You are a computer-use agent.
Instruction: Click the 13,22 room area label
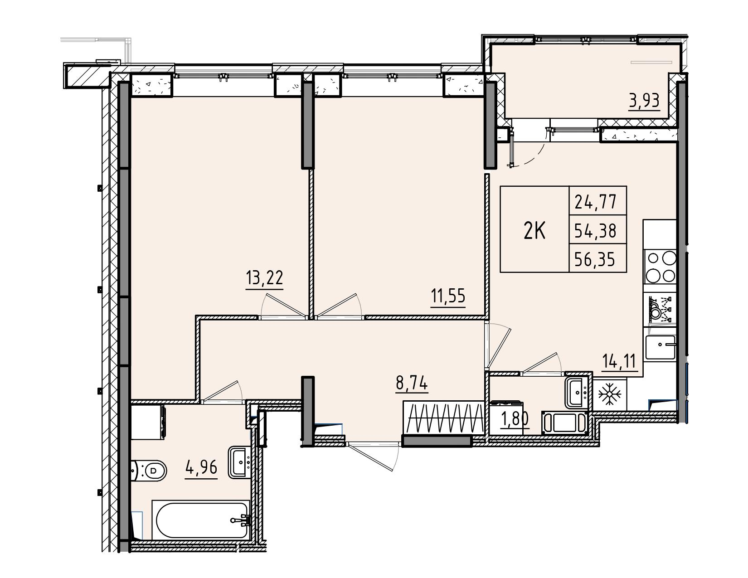tap(264, 277)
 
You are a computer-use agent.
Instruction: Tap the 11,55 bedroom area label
tap(448, 296)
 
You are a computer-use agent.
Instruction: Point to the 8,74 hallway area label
tap(412, 383)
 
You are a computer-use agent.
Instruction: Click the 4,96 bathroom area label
tap(201, 467)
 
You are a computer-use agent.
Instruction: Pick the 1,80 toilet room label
tap(515, 419)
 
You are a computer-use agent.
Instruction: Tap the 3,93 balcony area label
tap(644, 101)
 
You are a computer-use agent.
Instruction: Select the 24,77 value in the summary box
tap(595, 202)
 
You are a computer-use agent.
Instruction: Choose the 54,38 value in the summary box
tap(595, 231)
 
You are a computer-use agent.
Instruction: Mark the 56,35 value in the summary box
tap(594, 259)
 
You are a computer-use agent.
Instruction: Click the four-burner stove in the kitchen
tap(660, 267)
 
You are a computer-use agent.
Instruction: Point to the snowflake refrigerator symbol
tap(610, 394)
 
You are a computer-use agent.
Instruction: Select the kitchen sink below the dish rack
tap(660, 348)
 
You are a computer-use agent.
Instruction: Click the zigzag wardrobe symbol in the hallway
tap(443, 418)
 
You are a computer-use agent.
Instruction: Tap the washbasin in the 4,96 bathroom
tap(240, 462)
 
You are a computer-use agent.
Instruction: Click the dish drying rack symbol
tap(660, 309)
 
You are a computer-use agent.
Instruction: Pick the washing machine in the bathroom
tap(148, 422)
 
